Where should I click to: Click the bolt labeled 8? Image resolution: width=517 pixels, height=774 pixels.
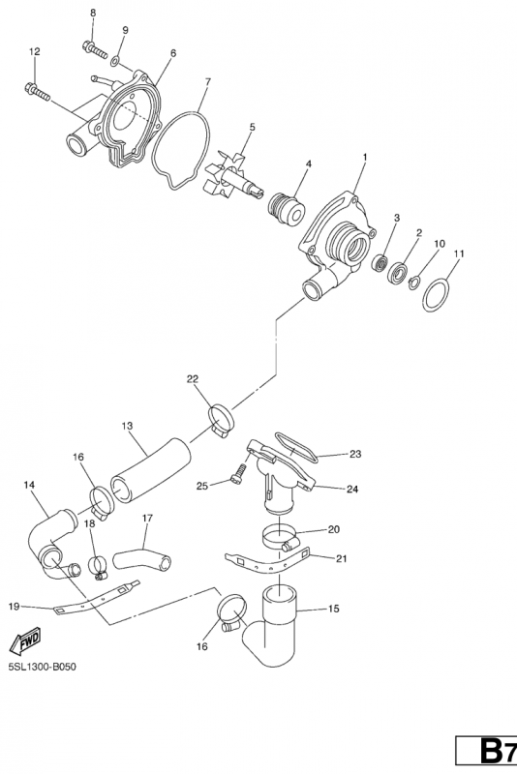point(95,49)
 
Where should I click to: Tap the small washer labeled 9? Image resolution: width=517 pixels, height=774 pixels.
point(114,61)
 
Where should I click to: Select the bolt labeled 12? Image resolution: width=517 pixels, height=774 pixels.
point(37,91)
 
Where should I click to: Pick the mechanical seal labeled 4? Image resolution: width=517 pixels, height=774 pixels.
point(287,209)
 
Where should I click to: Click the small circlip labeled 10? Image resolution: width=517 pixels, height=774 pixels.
point(414,283)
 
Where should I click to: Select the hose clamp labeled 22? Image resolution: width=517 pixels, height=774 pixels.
point(222,419)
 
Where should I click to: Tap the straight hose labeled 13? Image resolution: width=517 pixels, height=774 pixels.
point(151,470)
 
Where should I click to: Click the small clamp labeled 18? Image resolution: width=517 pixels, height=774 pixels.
point(99,567)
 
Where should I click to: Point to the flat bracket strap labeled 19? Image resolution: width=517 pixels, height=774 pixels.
point(96,598)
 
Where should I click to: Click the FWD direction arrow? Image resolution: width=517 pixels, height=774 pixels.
point(25,641)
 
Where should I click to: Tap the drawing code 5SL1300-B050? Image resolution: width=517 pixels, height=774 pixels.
point(43,668)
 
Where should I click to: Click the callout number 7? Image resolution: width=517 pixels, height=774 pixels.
point(207,82)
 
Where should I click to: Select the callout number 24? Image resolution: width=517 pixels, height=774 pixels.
point(352,490)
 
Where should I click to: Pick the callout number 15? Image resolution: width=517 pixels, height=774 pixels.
point(334,609)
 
